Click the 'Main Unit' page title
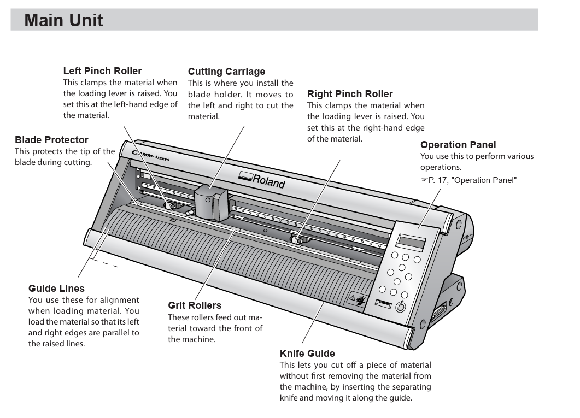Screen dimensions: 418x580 tap(63, 20)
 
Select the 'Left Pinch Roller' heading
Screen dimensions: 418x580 tap(102, 71)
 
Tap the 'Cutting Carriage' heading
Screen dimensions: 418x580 tap(226, 72)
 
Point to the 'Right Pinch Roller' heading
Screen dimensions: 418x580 tap(350, 94)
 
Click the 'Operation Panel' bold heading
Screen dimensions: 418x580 tap(458, 145)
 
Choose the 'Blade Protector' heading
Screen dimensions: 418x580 tap(51, 140)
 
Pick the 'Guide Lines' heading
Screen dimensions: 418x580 tap(56, 288)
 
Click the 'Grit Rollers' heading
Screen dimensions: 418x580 tap(195, 305)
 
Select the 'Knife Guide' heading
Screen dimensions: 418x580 tap(307, 354)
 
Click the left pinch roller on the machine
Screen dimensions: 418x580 tap(172, 206)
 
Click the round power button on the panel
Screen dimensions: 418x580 tap(400, 307)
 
